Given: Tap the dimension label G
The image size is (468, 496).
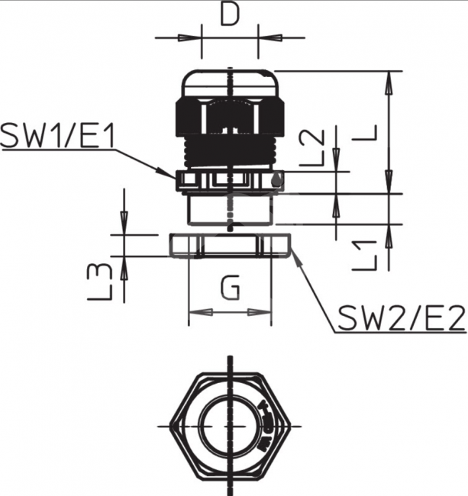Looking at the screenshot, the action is (231, 288).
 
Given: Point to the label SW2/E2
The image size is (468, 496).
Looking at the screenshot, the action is (402, 317).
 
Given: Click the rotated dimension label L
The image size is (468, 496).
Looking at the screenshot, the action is (364, 132).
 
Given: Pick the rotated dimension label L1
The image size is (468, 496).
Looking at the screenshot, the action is (364, 256).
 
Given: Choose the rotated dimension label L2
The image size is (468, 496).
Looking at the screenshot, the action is (312, 148).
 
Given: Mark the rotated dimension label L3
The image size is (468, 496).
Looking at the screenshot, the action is (100, 282).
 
